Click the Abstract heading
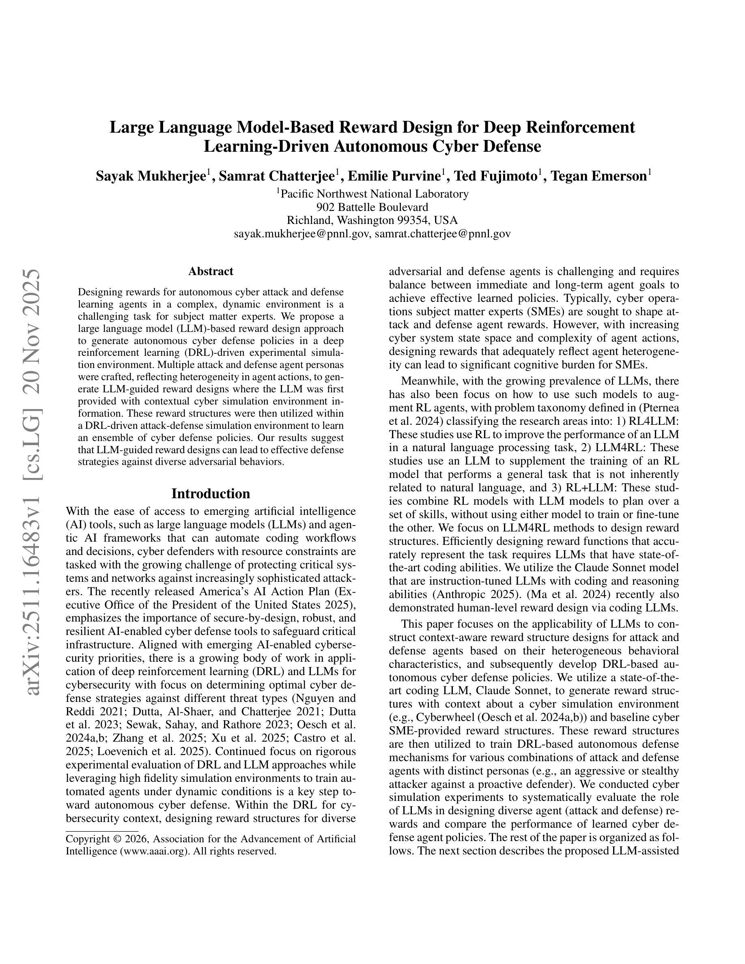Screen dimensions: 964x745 (x=211, y=271)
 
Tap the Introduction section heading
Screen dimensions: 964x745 (x=211, y=493)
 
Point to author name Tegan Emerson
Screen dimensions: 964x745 (x=599, y=176)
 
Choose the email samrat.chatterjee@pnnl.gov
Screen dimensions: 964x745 (x=442, y=234)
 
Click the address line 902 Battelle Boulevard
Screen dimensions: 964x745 (x=372, y=207)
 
